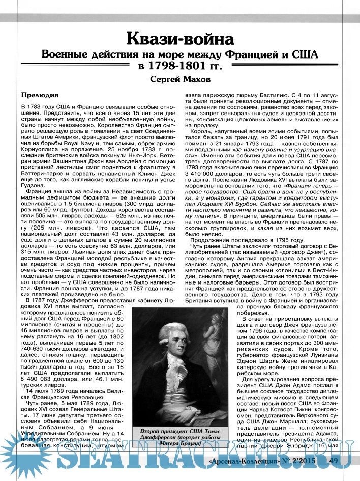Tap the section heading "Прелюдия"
coord(40,95)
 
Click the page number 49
coord(334,461)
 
